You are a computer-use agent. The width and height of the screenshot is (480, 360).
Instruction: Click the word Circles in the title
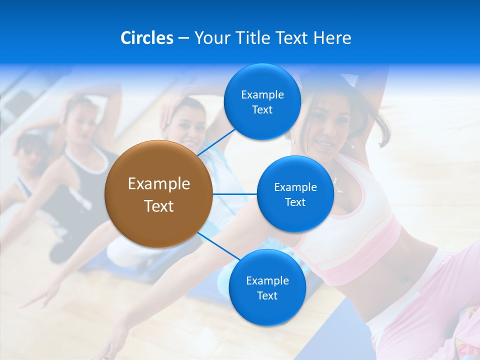[x=147, y=38]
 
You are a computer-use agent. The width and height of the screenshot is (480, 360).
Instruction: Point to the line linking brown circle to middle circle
[x=235, y=194]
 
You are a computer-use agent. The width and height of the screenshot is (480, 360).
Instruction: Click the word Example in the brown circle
[x=159, y=184]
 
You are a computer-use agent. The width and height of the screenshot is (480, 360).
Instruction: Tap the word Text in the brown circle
[x=159, y=206]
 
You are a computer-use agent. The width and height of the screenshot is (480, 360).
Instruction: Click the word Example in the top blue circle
[x=262, y=95]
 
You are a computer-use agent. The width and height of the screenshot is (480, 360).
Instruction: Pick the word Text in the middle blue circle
[x=295, y=202]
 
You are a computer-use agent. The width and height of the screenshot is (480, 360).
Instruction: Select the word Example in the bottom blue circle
[x=267, y=281]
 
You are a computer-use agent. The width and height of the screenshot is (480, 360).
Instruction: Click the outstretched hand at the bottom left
[x=35, y=300]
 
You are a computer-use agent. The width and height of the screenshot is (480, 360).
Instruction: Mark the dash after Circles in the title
[x=184, y=38]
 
